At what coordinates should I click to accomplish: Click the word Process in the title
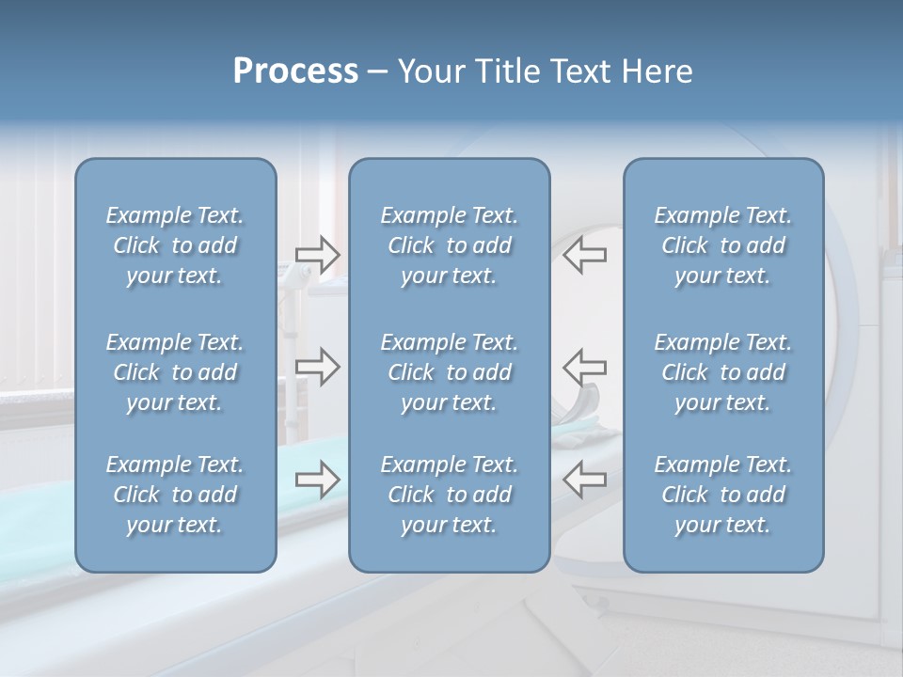tap(295, 71)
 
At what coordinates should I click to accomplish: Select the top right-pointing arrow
tap(318, 255)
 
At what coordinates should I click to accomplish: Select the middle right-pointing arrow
tap(318, 367)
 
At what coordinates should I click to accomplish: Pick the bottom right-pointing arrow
tap(318, 480)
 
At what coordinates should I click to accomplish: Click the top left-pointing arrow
tap(584, 255)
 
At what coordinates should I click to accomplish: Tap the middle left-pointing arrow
tap(584, 367)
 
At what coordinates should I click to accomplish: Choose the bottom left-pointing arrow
tap(584, 480)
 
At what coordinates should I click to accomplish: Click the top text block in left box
tap(175, 245)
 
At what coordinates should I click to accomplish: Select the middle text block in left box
tap(175, 372)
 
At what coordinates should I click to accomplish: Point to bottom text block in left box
tap(175, 495)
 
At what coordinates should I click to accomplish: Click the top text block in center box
tap(449, 245)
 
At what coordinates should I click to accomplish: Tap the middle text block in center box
tap(449, 372)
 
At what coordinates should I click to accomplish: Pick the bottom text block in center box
tap(449, 495)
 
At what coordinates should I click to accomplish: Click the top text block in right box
tap(722, 245)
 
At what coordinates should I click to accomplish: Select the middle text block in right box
tap(722, 372)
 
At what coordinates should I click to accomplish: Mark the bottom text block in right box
tap(722, 495)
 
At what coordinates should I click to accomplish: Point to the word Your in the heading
tap(431, 71)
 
